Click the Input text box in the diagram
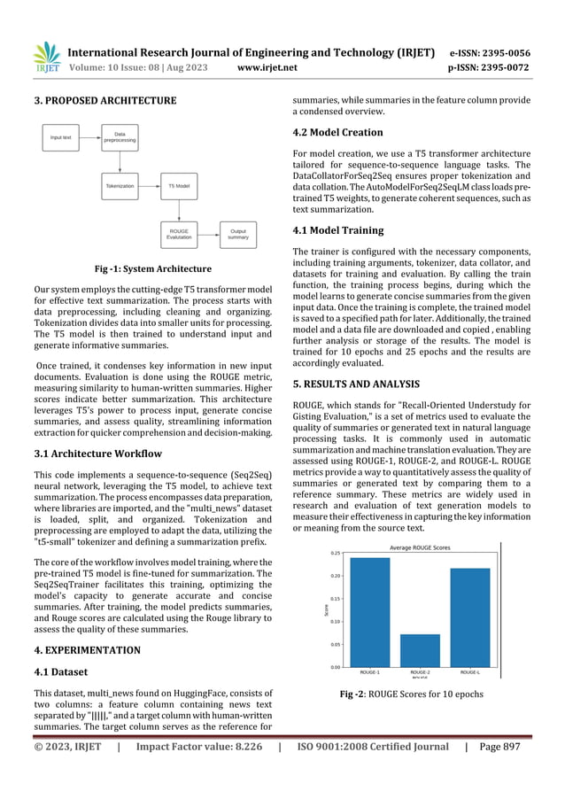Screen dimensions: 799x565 click(61, 138)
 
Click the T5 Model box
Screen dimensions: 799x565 click(179, 187)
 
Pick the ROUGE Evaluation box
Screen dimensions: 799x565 click(179, 234)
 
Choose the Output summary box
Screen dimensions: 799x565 click(237, 234)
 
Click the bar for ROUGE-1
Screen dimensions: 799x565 click(369, 612)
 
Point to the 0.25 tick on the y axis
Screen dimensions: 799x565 click(335, 553)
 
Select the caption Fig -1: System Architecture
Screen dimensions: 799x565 click(149, 268)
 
